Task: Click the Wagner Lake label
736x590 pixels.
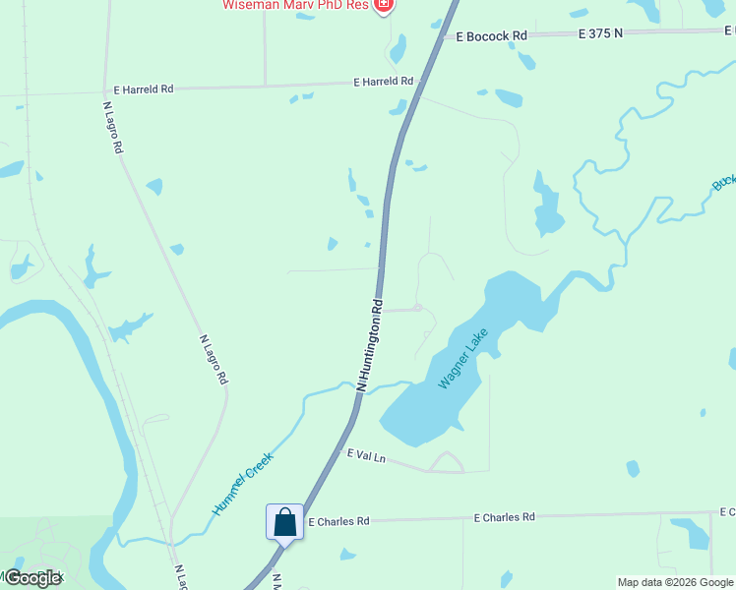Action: point(463,359)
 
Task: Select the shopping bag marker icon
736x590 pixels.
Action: point(284,520)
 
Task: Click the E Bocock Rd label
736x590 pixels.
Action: point(492,35)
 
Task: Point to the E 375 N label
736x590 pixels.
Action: point(601,33)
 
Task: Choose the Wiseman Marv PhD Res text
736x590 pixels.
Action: point(295,5)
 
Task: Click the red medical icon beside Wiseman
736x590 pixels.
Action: point(385,5)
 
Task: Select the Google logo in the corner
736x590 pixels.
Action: point(31,577)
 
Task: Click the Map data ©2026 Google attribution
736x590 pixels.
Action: point(675,582)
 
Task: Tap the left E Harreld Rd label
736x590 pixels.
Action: point(144,88)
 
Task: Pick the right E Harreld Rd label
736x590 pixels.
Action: point(383,82)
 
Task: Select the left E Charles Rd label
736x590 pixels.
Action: point(338,521)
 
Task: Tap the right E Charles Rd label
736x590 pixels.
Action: point(504,516)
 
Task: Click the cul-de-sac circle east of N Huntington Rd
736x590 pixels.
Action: point(418,309)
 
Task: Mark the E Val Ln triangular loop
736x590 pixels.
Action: point(448,463)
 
